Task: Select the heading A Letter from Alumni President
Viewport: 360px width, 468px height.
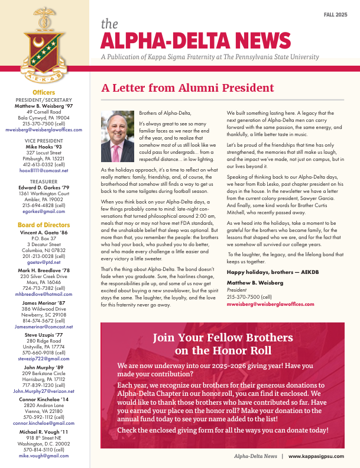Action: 187,88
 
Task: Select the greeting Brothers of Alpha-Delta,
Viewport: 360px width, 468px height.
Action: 165,113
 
